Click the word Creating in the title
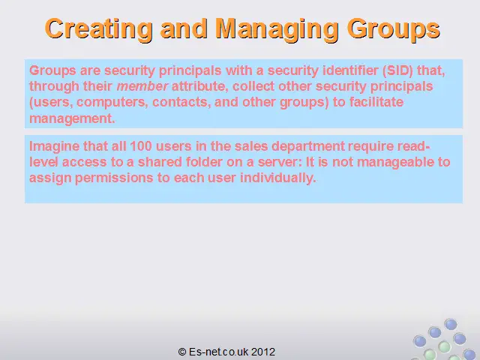point(98,28)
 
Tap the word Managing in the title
point(277,29)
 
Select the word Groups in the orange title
point(393,29)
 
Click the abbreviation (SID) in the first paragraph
point(397,70)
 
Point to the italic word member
point(142,86)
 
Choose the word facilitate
point(376,102)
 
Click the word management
point(72,118)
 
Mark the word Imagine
point(54,146)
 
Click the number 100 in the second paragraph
point(141,146)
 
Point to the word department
point(308,146)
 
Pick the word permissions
point(114,178)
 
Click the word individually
point(278,178)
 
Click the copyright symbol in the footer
point(182,352)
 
